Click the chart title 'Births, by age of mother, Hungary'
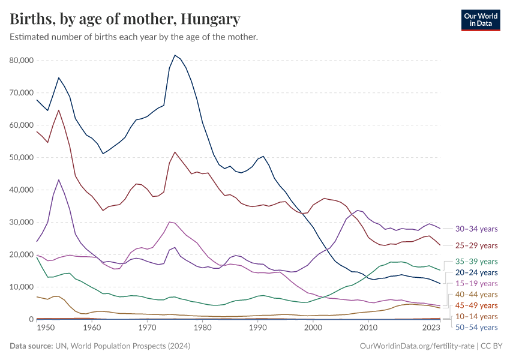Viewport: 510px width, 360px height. pyautogui.click(x=125, y=19)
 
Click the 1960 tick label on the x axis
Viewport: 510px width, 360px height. pyautogui.click(x=92, y=328)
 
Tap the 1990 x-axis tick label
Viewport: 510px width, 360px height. pyautogui.click(x=258, y=328)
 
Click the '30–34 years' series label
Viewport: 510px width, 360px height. pyautogui.click(x=476, y=229)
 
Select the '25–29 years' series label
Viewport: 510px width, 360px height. pyautogui.click(x=476, y=245)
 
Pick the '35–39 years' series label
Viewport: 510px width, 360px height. pyautogui.click(x=476, y=262)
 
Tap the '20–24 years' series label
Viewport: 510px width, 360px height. pyautogui.click(x=476, y=272)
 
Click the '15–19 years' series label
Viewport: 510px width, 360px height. pyautogui.click(x=476, y=283)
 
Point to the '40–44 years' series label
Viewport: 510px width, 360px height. pyautogui.click(x=476, y=295)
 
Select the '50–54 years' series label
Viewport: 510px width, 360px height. pyautogui.click(x=476, y=328)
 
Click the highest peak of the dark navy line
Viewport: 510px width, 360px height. pyautogui.click(x=175, y=55)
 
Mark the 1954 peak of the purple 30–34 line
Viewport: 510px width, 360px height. pyautogui.click(x=59, y=179)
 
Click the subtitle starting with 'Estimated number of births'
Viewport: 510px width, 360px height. pyautogui.click(x=134, y=37)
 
